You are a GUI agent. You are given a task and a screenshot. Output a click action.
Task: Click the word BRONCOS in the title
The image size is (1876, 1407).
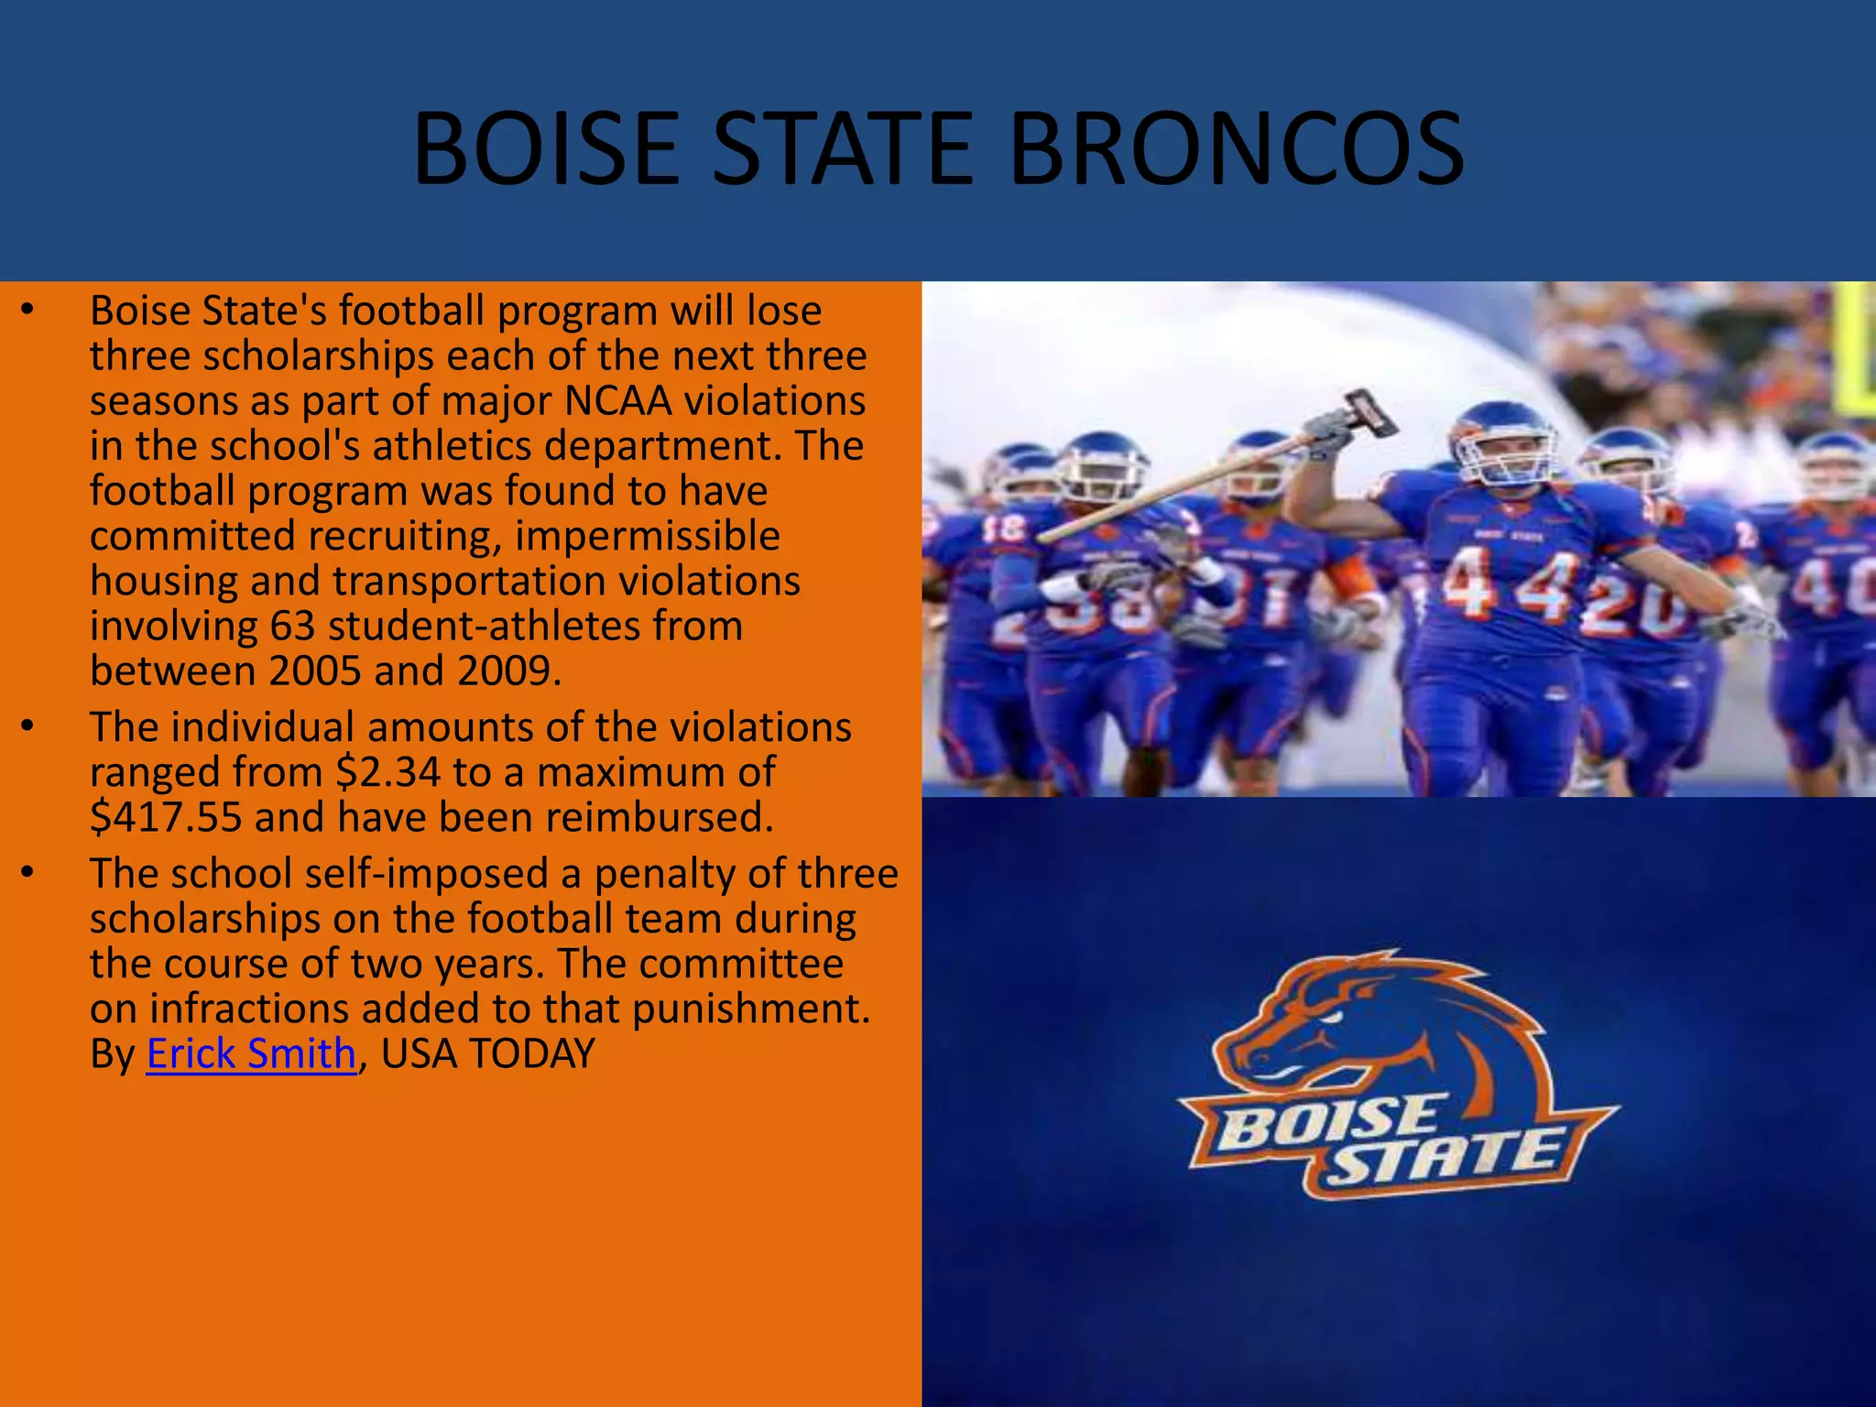[x=1236, y=148]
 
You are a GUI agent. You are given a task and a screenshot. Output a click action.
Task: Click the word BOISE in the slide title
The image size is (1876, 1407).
[x=546, y=148]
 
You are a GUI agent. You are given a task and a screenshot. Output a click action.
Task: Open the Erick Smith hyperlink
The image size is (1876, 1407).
[x=251, y=1053]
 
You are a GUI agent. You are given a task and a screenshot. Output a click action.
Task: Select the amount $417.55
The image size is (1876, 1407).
[x=166, y=817]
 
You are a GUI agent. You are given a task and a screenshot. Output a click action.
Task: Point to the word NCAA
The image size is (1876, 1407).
[x=618, y=401]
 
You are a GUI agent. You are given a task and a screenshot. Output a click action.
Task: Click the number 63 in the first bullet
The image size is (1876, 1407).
[x=292, y=627]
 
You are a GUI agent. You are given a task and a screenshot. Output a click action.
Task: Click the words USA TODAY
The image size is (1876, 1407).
[x=487, y=1053]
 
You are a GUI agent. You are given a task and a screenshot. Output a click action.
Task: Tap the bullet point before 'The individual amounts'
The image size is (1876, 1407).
[x=28, y=726]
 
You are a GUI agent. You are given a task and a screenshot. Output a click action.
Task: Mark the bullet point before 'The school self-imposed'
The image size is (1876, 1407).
[x=28, y=873]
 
